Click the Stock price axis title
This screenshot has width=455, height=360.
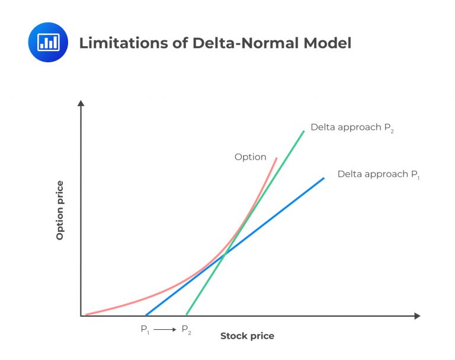pyautogui.click(x=247, y=336)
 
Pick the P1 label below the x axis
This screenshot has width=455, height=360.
pyautogui.click(x=145, y=330)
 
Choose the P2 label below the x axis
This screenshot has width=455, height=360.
pyautogui.click(x=186, y=330)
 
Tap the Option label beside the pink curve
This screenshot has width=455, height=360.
pyautogui.click(x=250, y=157)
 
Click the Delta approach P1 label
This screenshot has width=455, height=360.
pyautogui.click(x=379, y=174)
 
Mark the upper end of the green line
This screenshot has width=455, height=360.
pyautogui.click(x=304, y=130)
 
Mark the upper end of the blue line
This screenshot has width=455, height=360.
pyautogui.click(x=324, y=178)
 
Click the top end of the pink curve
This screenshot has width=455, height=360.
pyautogui.click(x=276, y=158)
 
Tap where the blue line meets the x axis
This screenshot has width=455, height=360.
pyautogui.click(x=146, y=315)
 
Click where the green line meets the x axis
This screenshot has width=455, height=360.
pyautogui.click(x=187, y=315)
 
